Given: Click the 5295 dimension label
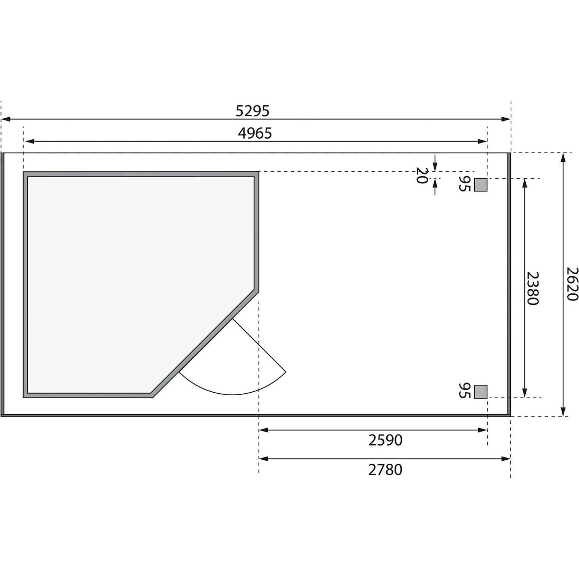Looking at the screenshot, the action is (252, 111).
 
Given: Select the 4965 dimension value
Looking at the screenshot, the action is (255, 133).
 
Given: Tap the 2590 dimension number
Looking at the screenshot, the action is (385, 440).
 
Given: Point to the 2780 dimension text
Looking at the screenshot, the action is (385, 470).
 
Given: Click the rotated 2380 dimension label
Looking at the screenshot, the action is (533, 288).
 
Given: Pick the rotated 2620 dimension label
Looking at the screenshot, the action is (572, 284).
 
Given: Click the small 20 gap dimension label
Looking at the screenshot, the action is (422, 175).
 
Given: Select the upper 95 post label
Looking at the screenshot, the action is (464, 184).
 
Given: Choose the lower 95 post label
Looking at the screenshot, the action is (464, 391).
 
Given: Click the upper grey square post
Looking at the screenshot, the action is (481, 185).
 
